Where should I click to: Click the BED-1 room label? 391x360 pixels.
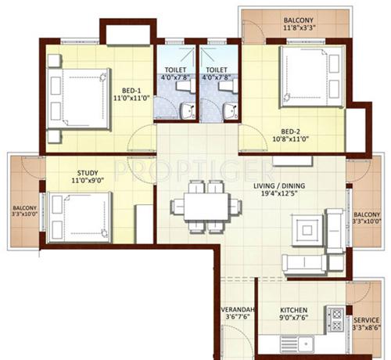[128, 91]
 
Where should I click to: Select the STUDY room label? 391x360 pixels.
[87, 172]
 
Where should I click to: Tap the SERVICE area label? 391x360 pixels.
[367, 321]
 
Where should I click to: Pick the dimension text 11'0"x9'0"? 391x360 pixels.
[87, 181]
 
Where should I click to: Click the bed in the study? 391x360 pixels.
[78, 217]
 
